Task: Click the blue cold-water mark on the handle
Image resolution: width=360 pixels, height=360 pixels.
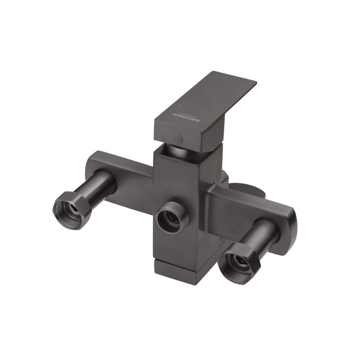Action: [x=180, y=106]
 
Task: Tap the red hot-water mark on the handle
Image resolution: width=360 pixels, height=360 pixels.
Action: [x=213, y=114]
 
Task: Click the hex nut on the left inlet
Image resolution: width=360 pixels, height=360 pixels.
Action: [x=72, y=210]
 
